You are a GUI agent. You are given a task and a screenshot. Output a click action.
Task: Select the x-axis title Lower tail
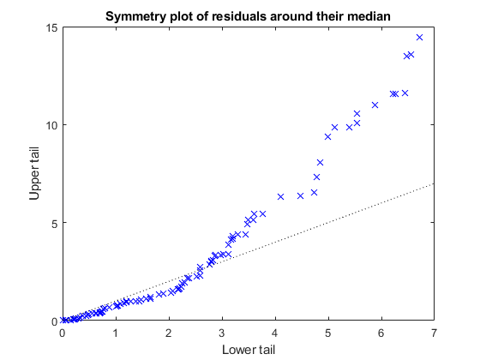pos(249,350)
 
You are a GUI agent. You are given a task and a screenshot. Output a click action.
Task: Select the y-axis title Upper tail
pos(35,174)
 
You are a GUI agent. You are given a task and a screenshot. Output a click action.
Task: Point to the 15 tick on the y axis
pos(51,27)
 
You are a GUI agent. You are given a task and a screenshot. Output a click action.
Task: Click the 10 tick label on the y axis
pos(51,125)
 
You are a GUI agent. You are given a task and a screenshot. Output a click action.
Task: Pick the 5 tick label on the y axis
pos(54,223)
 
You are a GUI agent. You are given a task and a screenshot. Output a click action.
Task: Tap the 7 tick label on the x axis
pos(435,333)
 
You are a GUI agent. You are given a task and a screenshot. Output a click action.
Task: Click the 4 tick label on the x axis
pos(275,333)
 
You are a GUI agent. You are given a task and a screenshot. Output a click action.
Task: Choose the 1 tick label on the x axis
pos(116,333)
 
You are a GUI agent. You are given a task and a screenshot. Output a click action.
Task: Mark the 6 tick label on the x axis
pos(381,333)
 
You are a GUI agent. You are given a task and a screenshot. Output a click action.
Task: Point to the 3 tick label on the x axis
pos(222,333)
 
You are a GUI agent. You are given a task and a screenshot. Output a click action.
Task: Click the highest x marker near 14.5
pos(419,37)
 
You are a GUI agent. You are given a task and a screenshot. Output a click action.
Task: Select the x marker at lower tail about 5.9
pos(375,105)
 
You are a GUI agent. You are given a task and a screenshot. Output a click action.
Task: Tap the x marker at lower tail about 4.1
pos(280,196)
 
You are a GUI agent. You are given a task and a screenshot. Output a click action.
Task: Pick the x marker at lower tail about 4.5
pos(300,195)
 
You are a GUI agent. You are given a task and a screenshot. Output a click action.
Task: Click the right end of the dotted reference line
pos(435,183)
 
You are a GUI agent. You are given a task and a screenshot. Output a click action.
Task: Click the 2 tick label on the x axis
pos(169,333)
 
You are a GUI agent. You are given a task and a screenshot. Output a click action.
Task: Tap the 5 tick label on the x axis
pos(328,333)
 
